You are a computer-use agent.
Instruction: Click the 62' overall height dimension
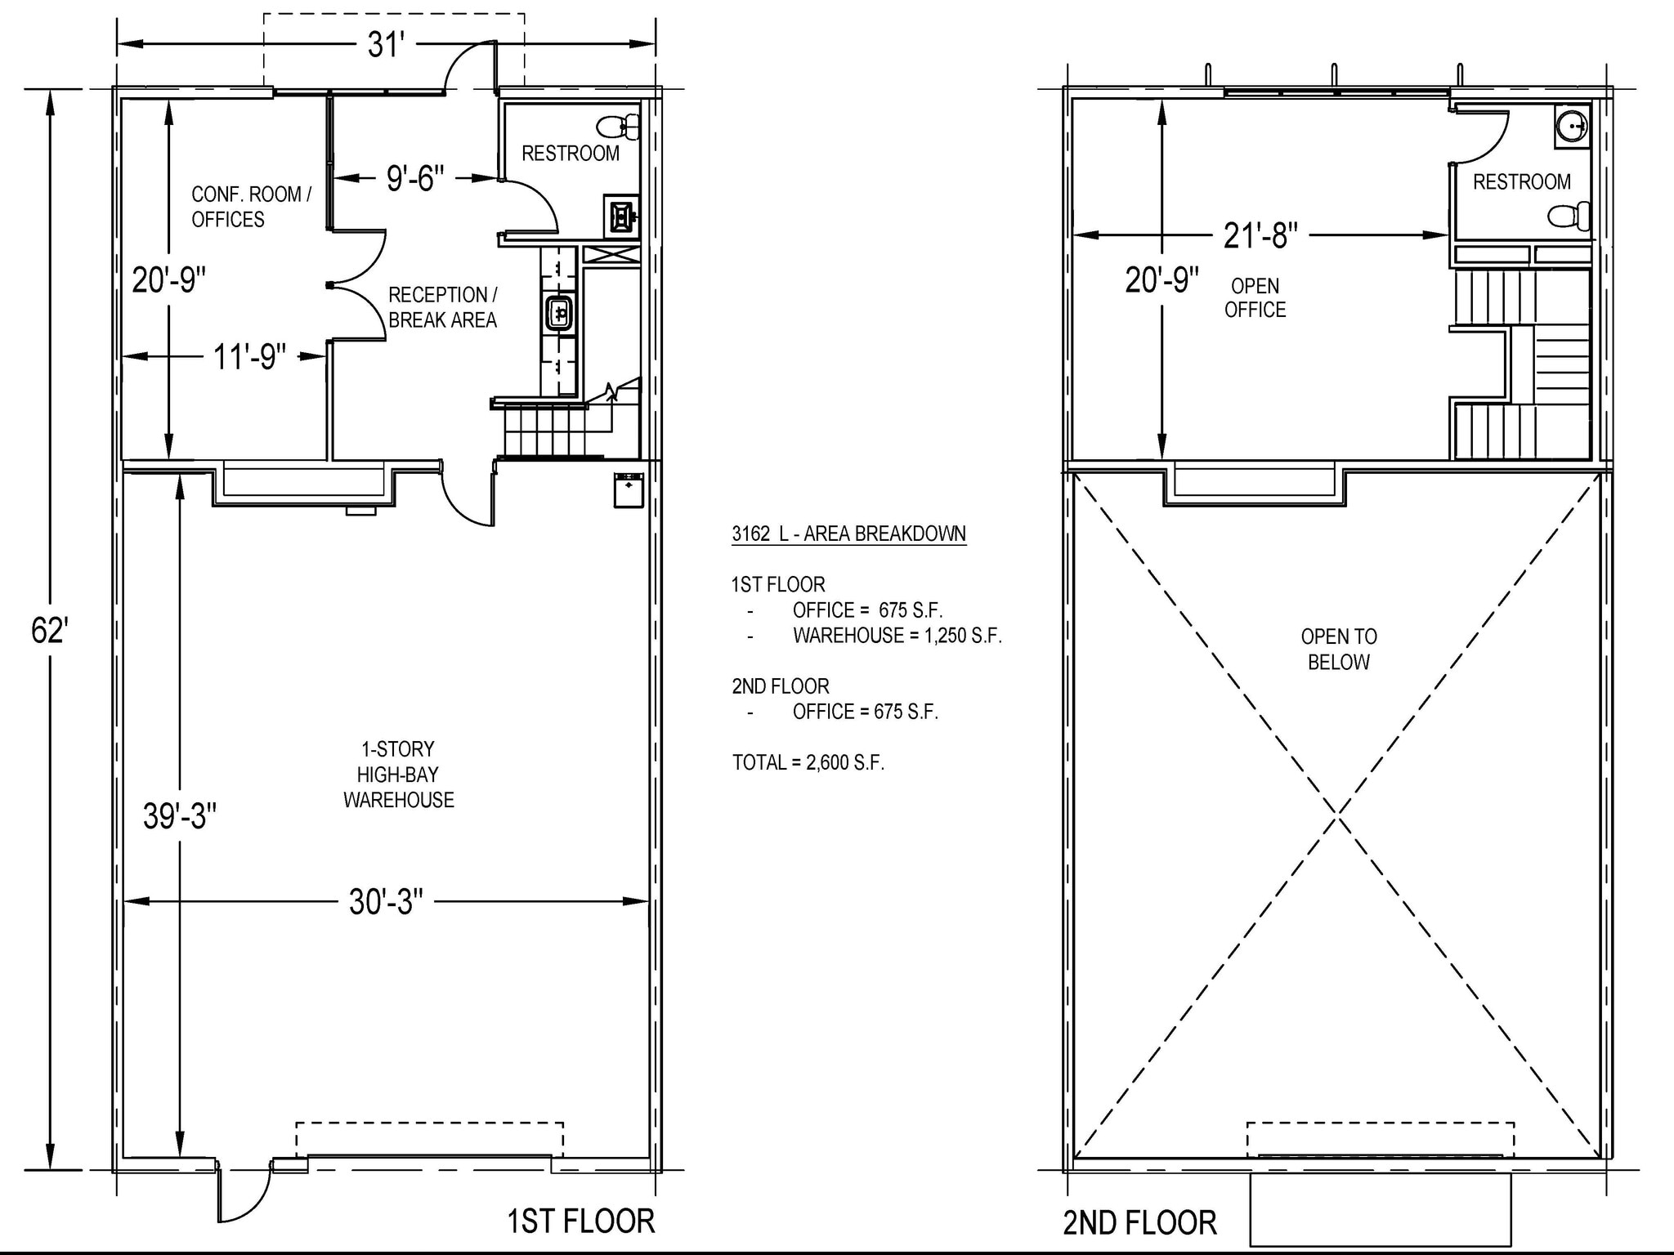tap(49, 631)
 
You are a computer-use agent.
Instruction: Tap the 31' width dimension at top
tap(386, 45)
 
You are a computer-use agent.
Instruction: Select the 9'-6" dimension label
tap(415, 178)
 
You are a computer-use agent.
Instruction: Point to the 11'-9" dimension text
tap(249, 357)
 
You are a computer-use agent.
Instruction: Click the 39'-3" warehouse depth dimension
tap(180, 815)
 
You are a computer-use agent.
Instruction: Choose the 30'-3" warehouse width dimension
tap(386, 902)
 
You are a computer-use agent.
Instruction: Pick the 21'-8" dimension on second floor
tap(1260, 235)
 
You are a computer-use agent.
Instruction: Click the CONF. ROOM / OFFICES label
tap(251, 207)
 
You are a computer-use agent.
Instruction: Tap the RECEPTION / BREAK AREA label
tap(442, 307)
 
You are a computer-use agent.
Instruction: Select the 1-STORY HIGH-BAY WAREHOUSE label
tap(398, 775)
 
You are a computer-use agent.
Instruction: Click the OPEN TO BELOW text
tap(1338, 649)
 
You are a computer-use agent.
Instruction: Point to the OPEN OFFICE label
tap(1255, 297)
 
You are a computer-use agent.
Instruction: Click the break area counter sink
tap(560, 313)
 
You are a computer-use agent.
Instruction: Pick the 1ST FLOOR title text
tap(580, 1222)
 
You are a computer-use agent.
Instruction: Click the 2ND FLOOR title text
tap(1139, 1223)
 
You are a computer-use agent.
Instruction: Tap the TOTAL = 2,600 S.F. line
tap(808, 762)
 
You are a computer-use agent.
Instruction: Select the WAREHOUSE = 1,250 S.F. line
tap(897, 635)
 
